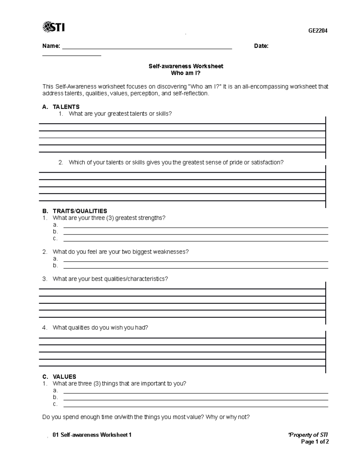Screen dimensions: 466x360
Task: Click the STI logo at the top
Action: (53, 27)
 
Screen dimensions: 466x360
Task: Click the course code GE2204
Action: (318, 31)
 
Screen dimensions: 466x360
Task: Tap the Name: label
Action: (51, 46)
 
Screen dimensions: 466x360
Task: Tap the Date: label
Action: (261, 46)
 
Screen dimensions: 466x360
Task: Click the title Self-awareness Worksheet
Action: (186, 66)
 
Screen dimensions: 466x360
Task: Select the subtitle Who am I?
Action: (186, 73)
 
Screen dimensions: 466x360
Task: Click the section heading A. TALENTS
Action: (61, 107)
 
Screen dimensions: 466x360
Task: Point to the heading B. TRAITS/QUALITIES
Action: (75, 211)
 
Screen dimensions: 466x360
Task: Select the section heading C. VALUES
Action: (59, 377)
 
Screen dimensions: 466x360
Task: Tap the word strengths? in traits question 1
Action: (152, 218)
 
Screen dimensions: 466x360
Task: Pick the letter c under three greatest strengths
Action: (55, 239)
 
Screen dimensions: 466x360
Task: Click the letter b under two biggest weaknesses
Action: (55, 266)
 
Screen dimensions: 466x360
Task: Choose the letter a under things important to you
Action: (55, 390)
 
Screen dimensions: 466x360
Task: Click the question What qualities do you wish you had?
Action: (100, 328)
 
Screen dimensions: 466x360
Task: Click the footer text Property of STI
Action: (308, 435)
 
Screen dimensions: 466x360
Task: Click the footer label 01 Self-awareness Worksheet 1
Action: (92, 435)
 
